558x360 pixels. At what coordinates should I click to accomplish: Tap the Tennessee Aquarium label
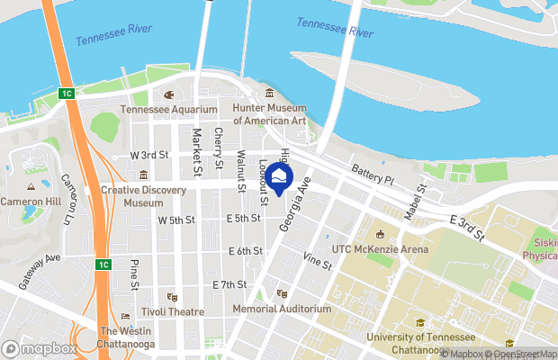click(x=169, y=110)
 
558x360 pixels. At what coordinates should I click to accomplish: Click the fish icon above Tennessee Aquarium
click(x=168, y=94)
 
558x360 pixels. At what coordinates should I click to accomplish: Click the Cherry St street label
click(x=219, y=148)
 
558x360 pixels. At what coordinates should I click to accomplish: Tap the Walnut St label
click(x=241, y=172)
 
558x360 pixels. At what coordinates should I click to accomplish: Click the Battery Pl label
click(x=373, y=175)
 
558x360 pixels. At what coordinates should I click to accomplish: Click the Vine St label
click(x=318, y=261)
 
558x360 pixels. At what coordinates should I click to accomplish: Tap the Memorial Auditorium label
click(x=282, y=309)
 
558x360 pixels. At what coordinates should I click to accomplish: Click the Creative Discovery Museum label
click(x=143, y=196)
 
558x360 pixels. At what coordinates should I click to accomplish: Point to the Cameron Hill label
click(x=31, y=200)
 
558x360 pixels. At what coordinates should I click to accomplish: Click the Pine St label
click(x=134, y=274)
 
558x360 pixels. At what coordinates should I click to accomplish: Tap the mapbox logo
click(x=40, y=348)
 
